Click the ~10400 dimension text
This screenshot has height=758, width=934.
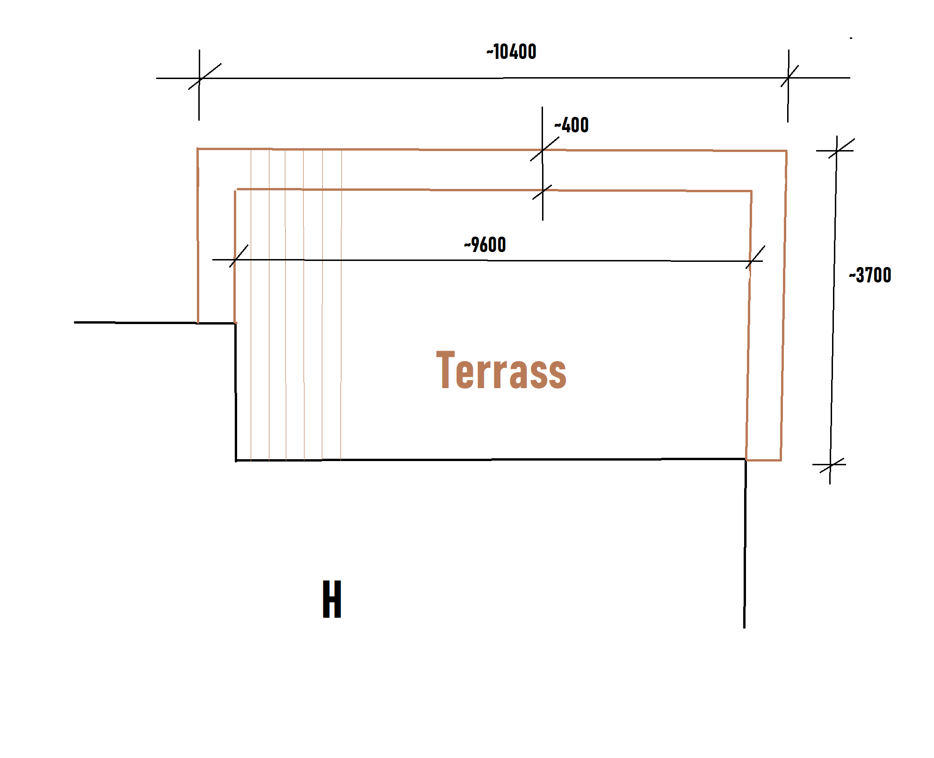(511, 52)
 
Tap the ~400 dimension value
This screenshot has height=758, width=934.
(571, 125)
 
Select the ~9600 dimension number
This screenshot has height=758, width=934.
(485, 245)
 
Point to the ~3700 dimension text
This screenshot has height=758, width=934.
(870, 275)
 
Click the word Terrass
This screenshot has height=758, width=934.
(501, 370)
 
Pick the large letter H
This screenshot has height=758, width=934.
(332, 599)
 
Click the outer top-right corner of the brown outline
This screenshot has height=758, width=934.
(786, 151)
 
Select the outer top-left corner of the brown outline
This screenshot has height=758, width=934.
(198, 149)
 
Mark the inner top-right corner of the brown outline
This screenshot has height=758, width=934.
(751, 191)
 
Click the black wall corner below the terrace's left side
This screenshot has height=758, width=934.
(236, 461)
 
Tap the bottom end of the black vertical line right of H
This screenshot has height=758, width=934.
(744, 627)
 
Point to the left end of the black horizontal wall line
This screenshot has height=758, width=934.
(75, 322)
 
